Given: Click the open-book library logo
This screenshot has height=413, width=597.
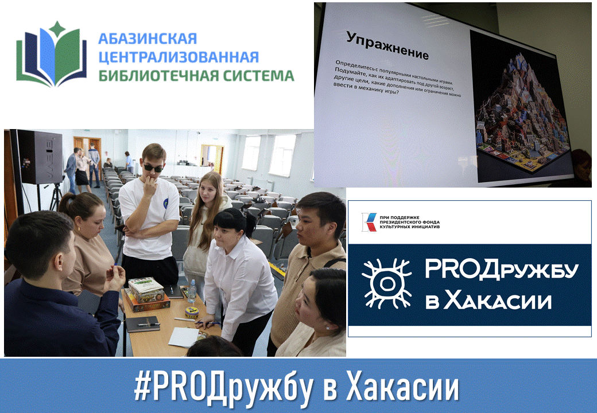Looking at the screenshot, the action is coord(52,54).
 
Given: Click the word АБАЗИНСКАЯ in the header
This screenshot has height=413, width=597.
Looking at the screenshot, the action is coord(148,38).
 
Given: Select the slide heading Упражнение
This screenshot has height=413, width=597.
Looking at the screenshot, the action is coord(387,46).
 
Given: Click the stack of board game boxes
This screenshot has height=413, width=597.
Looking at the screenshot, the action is coord(146,294).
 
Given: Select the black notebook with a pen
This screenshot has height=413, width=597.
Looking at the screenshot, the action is coord(143,324).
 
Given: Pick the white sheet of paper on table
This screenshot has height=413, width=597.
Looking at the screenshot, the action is coord(184,337).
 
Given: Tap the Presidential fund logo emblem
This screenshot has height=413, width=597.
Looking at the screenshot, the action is coord(369,222).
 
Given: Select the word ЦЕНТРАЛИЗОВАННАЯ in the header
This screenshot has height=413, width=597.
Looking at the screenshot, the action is coord(179,57).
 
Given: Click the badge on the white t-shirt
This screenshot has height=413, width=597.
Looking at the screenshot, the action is coord(166,202).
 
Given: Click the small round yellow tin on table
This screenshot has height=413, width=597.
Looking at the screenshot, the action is coord(192,312).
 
